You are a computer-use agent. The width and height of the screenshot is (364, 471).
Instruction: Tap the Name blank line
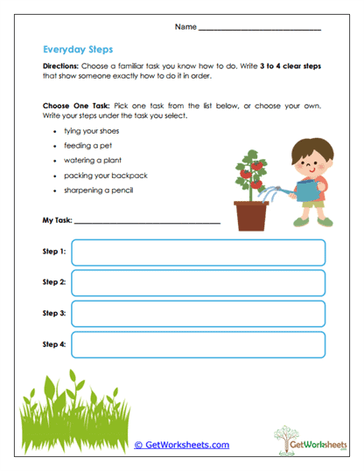coord(260,30)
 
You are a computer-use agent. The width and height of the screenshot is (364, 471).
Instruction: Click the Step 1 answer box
coord(199,253)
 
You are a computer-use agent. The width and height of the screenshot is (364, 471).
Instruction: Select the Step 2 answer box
coord(199,283)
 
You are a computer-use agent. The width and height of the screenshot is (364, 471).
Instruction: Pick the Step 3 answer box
coord(199,314)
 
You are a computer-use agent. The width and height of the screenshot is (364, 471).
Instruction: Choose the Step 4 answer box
coord(199,345)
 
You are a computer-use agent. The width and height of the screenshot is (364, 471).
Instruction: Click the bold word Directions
coord(61,66)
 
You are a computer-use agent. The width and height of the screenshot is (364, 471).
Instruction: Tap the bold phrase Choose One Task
coord(73,105)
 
